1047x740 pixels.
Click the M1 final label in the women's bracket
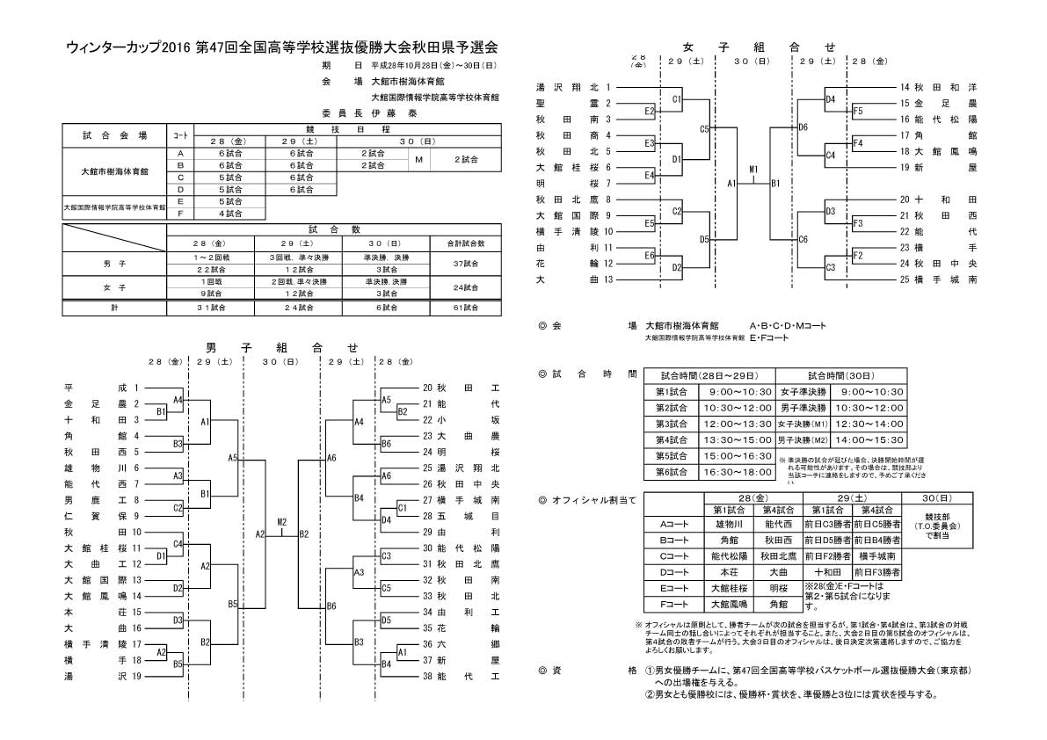click(x=754, y=168)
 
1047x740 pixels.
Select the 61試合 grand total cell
click(x=465, y=308)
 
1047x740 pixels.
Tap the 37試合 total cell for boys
click(x=465, y=263)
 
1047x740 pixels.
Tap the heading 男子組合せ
click(x=281, y=348)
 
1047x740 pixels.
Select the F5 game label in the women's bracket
click(x=858, y=111)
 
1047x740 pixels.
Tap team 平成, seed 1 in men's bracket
click(x=97, y=388)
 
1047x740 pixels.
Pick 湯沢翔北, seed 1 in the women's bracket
click(x=567, y=88)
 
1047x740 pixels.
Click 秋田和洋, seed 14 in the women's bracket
click(x=945, y=88)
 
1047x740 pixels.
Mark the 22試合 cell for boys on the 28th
click(x=210, y=269)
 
